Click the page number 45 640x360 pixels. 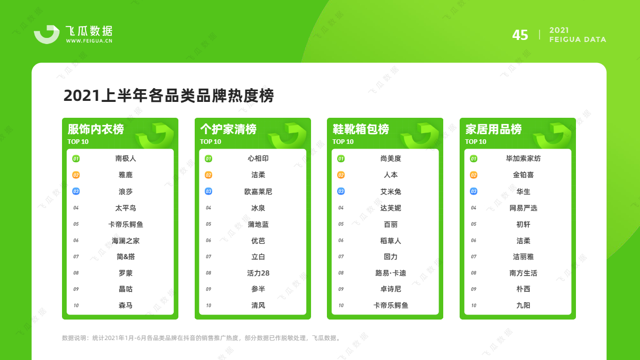coord(520,35)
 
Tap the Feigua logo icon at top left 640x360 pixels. coord(47,34)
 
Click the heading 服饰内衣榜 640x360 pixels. coord(96,129)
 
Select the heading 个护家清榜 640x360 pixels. coord(229,129)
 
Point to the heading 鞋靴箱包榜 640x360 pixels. coord(361,129)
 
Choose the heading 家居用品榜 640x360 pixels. coord(493,129)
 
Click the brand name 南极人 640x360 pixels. coord(126,158)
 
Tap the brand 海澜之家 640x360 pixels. coord(126,241)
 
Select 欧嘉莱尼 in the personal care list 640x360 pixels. coord(258,192)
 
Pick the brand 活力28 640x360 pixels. coord(258,273)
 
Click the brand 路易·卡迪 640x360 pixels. coord(390,273)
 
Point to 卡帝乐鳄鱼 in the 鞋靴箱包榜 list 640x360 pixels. coord(390,306)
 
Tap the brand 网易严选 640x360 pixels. coord(523,208)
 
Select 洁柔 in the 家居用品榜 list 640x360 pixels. coord(523,241)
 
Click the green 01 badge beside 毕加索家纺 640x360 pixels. coord(473,159)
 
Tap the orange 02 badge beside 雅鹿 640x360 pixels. coord(76,175)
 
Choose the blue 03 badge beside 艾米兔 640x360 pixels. coord(341,192)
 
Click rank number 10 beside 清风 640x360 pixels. coord(209,306)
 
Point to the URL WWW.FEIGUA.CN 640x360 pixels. coord(89,41)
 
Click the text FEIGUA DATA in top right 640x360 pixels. coord(577,39)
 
